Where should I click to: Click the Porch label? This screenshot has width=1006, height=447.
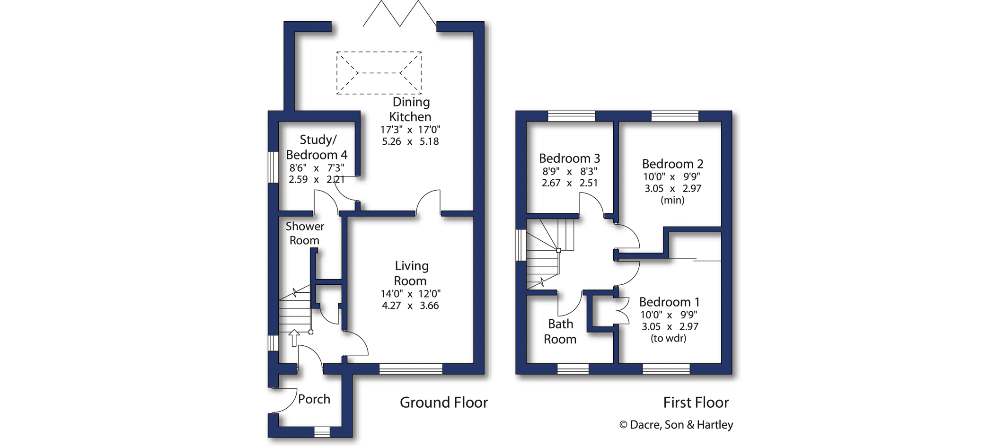click(x=314, y=399)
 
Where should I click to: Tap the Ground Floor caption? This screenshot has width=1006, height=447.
click(x=444, y=403)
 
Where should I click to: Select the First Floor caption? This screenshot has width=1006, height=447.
click(x=696, y=403)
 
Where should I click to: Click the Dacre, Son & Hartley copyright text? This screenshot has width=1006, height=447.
click(x=676, y=425)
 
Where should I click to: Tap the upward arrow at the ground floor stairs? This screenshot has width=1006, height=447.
click(x=294, y=338)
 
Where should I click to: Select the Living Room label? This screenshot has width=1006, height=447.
click(x=411, y=273)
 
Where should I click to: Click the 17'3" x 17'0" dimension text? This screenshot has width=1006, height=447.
click(x=410, y=130)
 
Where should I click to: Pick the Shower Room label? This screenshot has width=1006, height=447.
click(x=305, y=233)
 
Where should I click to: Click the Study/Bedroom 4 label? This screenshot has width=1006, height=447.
click(x=317, y=147)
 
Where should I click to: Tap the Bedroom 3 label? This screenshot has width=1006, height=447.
click(x=569, y=158)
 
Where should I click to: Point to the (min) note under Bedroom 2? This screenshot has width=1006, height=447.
click(x=672, y=200)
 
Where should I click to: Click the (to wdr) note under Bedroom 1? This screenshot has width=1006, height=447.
click(x=668, y=338)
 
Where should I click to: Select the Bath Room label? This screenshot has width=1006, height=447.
click(x=560, y=332)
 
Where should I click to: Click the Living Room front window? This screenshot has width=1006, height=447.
click(x=411, y=369)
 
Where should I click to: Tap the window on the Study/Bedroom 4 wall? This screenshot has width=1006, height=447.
click(x=273, y=167)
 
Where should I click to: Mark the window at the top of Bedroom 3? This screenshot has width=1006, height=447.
click(x=571, y=116)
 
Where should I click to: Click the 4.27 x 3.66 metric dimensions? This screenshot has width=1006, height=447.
click(x=410, y=306)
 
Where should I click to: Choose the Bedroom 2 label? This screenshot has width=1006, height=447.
click(x=672, y=164)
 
